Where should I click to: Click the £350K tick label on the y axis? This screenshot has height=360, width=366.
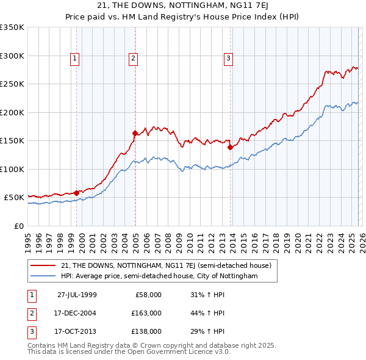point(12,27)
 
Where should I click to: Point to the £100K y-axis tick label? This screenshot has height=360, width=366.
point(12,169)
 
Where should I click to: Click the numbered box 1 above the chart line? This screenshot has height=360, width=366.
point(74,59)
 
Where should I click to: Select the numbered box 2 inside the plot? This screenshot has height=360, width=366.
point(132,59)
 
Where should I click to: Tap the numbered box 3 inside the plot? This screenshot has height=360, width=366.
point(228,59)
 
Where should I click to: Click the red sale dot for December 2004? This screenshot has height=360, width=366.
point(135,132)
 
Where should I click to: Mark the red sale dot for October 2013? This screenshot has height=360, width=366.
point(230,147)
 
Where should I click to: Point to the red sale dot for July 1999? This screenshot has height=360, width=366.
point(77,193)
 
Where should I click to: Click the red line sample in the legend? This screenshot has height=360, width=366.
point(44,265)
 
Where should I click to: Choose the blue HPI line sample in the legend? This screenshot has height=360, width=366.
point(44,276)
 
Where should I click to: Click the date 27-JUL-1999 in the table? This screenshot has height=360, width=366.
point(77,294)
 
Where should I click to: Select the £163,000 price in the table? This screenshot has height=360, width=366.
point(146,313)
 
